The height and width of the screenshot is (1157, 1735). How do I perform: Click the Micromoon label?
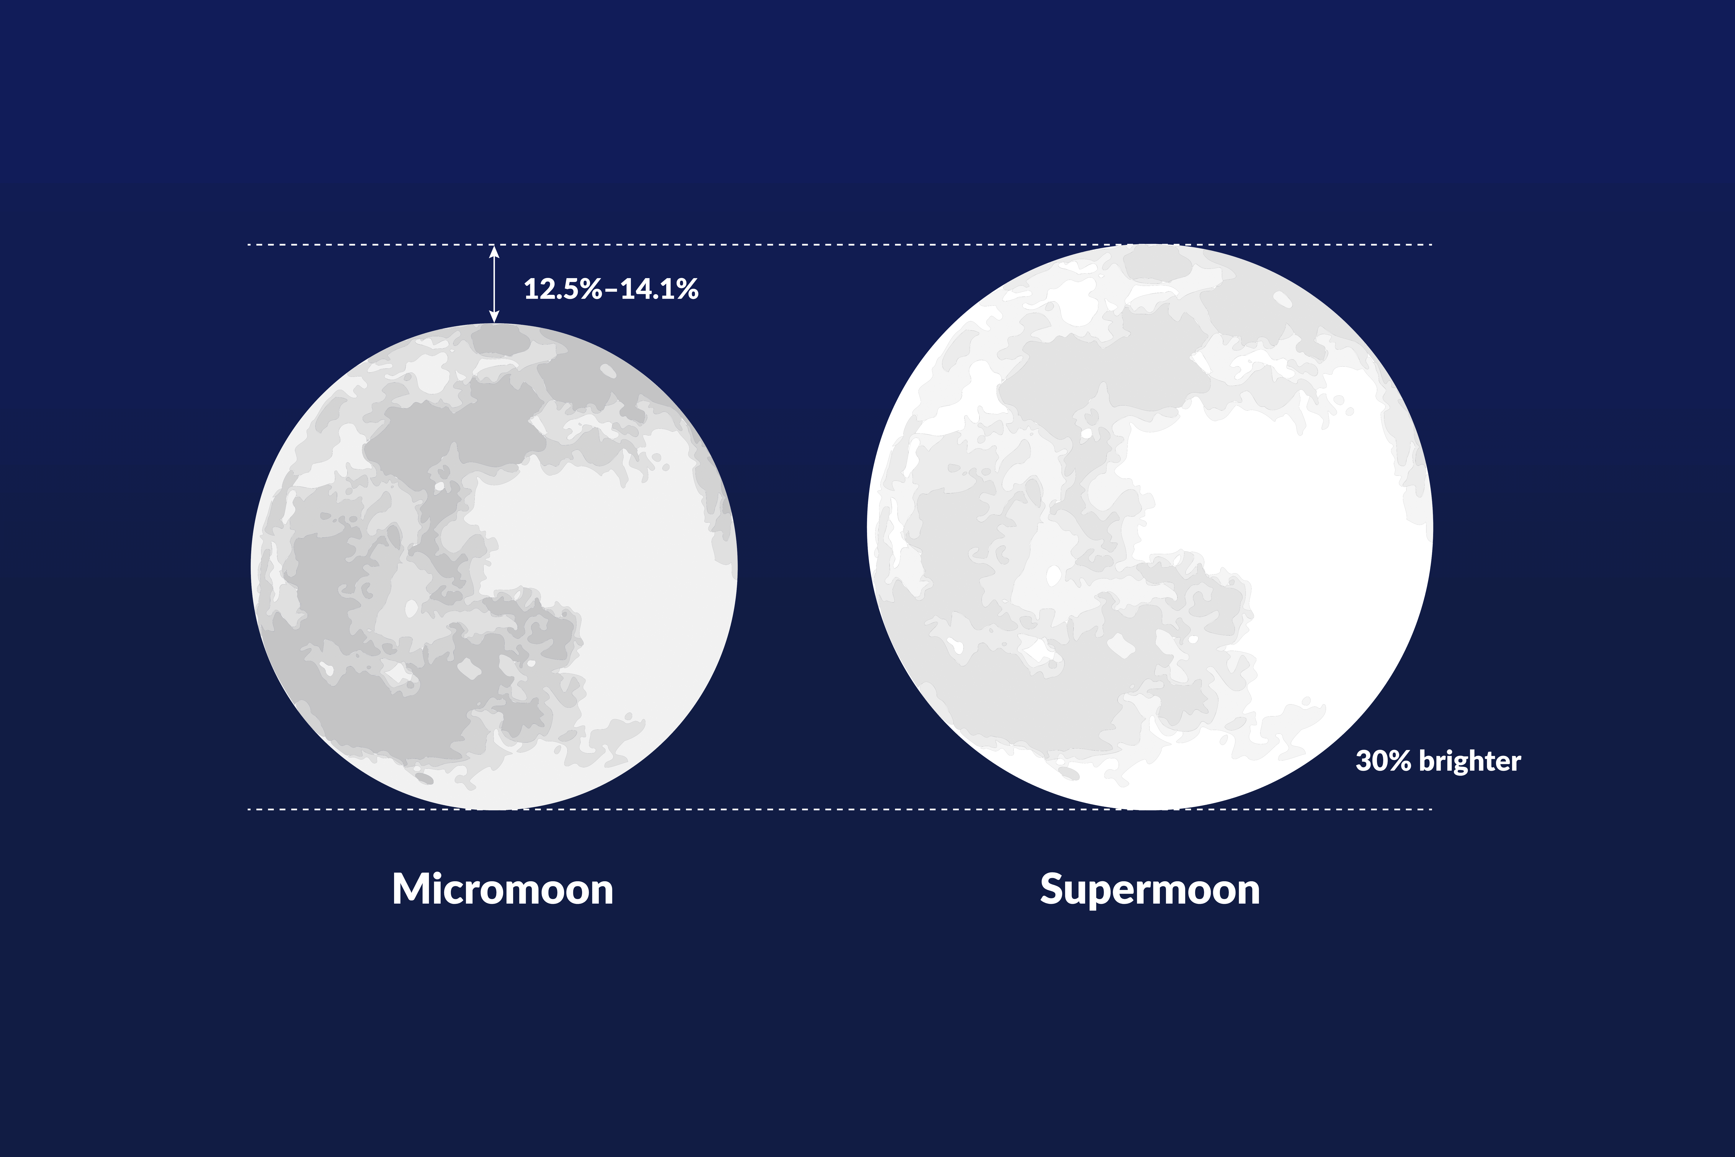[x=502, y=889]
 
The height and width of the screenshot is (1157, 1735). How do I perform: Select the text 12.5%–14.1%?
[x=611, y=289]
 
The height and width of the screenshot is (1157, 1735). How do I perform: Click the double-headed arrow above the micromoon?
[x=494, y=284]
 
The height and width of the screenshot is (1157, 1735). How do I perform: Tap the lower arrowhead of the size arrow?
[x=494, y=318]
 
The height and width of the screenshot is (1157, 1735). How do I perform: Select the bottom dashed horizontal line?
[x=811, y=809]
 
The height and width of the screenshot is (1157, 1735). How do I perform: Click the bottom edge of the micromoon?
[x=494, y=809]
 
